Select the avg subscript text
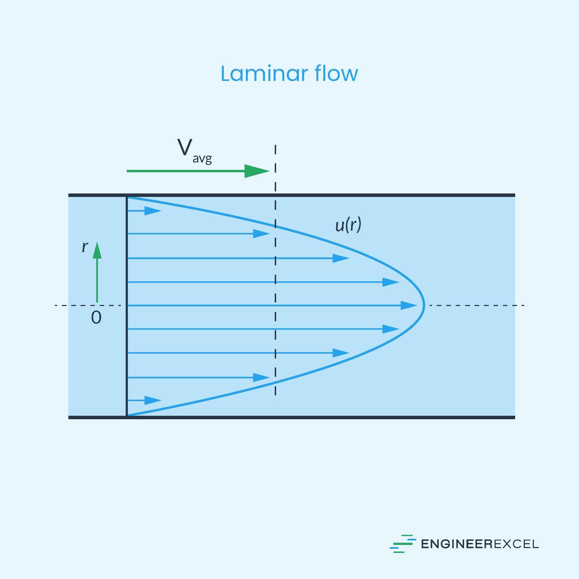pos(202,159)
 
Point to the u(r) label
pos(348,225)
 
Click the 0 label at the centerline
pos(96,317)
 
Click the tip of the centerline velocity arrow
pos(416,305)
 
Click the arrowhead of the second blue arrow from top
pos(261,234)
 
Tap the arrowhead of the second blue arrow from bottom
pos(261,377)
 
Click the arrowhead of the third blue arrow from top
pos(340,258)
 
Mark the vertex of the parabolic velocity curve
pos(424,305)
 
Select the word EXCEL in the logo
pos(516,544)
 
